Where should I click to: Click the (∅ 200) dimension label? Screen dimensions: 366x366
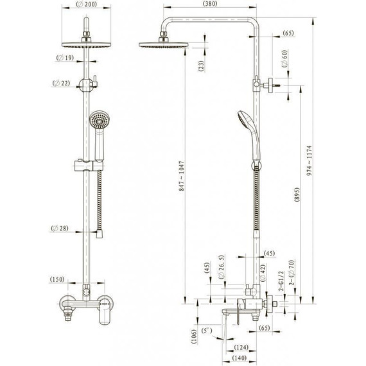pyautogui.click(x=87, y=4)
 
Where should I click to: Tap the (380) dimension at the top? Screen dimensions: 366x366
pyautogui.click(x=210, y=3)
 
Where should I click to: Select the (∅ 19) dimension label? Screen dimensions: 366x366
pyautogui.click(x=65, y=58)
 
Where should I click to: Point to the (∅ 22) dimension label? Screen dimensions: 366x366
pyautogui.click(x=62, y=83)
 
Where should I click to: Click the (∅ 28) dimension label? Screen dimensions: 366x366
pyautogui.click(x=60, y=228)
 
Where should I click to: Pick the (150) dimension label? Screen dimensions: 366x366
pyautogui.click(x=57, y=279)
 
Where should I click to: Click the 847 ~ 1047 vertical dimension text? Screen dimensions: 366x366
pyautogui.click(x=182, y=176)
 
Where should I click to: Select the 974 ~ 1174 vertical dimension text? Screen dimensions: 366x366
pyautogui.click(x=309, y=161)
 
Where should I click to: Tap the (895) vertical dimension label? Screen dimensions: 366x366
pyautogui.click(x=297, y=195)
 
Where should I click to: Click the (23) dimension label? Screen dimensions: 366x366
pyautogui.click(x=201, y=66)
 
